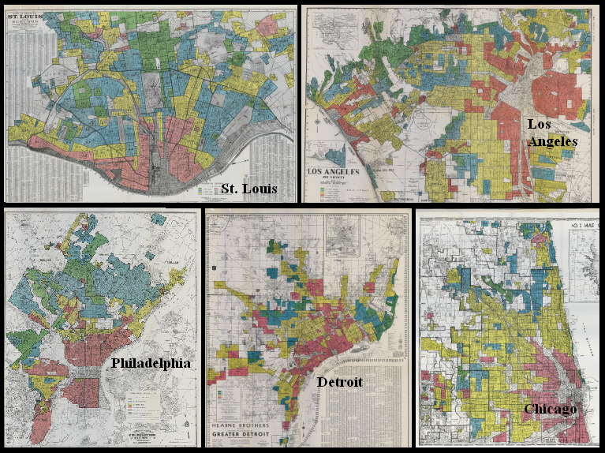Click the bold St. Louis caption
pyautogui.click(x=249, y=189)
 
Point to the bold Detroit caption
pyautogui.click(x=339, y=382)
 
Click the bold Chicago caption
pyautogui.click(x=551, y=409)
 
